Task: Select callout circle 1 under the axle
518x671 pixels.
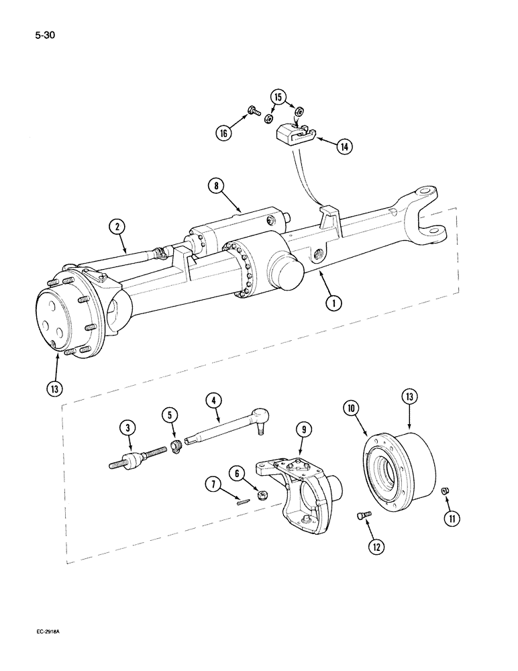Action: click(x=332, y=303)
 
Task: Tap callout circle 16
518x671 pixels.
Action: click(x=224, y=134)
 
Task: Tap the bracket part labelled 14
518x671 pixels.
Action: click(x=293, y=137)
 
